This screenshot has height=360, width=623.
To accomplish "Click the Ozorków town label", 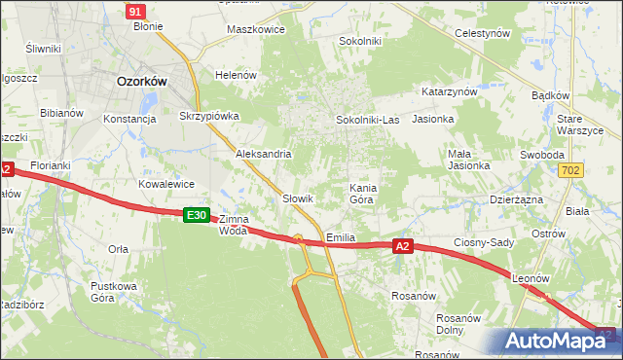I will pyautogui.click(x=141, y=83).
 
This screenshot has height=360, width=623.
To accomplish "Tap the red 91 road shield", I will pyautogui.click(x=136, y=11).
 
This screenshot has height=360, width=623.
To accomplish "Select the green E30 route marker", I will pyautogui.click(x=197, y=215).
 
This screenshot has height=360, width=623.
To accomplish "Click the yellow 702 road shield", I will pyautogui.click(x=572, y=170).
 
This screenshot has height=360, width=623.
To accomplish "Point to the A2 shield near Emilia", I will pyautogui.click(x=404, y=247).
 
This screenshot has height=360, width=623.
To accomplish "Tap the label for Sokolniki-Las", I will pyautogui.click(x=367, y=120).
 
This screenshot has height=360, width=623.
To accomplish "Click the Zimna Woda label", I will pyautogui.click(x=234, y=225).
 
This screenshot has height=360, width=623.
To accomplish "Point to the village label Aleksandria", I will pyautogui.click(x=263, y=154).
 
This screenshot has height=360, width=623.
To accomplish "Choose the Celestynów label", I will pyautogui.click(x=484, y=33).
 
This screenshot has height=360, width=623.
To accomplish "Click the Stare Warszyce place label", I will pyautogui.click(x=582, y=125).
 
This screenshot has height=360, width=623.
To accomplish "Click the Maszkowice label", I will pyautogui.click(x=255, y=29).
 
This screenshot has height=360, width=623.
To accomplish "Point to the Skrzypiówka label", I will pyautogui.click(x=209, y=115).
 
